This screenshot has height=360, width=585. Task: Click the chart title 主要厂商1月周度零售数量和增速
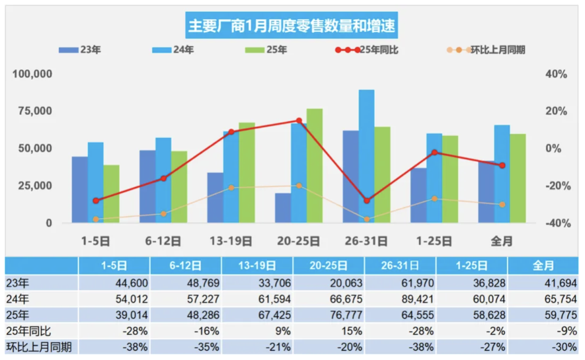pyautogui.click(x=292, y=25)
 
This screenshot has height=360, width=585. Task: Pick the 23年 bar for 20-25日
pyautogui.click(x=283, y=208)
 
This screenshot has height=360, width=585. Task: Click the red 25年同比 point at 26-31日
pyautogui.click(x=367, y=200)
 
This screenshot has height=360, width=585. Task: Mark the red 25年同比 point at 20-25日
pyautogui.click(x=299, y=121)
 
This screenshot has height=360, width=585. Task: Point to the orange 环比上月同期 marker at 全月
pyautogui.click(x=502, y=205)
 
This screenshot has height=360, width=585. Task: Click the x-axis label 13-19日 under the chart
pyautogui.click(x=231, y=241)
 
